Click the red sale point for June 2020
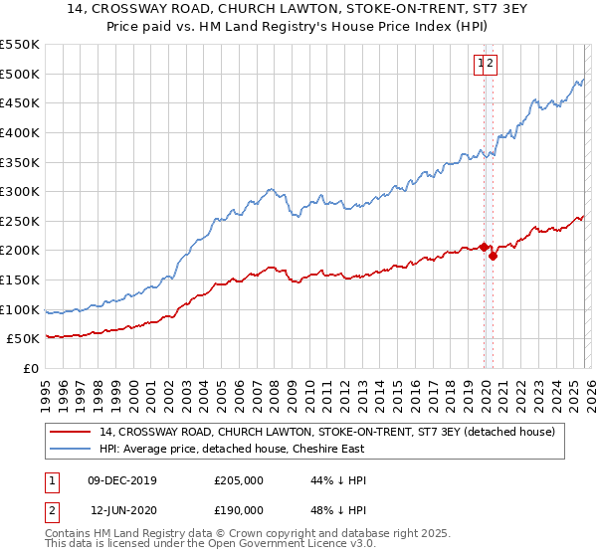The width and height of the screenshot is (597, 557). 494,256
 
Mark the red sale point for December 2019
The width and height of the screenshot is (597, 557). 485,247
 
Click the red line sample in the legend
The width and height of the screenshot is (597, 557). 71,432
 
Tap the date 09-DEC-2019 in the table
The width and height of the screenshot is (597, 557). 122,480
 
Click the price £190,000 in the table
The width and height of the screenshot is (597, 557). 239,510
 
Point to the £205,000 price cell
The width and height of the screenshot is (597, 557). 239,480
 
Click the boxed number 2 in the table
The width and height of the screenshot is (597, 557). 51,510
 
